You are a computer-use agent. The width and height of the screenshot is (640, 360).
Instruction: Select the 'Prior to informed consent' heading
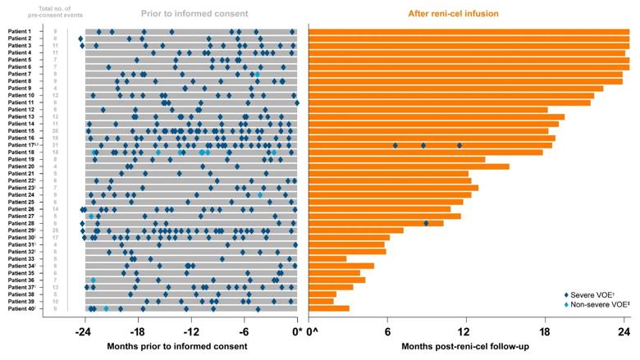click(190, 13)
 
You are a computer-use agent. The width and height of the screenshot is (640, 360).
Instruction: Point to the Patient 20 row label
click(20, 166)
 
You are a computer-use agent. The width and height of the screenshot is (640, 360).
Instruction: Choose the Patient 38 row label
click(20, 294)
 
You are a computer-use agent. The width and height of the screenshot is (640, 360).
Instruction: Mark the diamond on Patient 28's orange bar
click(426, 223)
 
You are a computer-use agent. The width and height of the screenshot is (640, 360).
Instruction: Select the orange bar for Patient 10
click(450, 96)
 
